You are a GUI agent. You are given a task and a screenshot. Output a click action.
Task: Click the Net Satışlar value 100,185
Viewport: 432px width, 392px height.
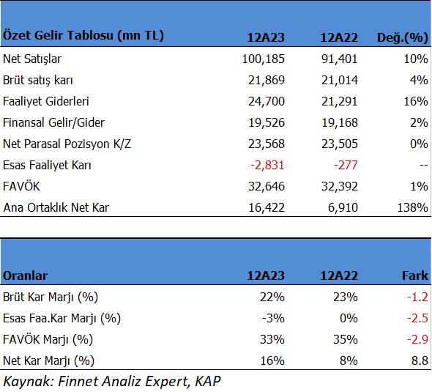tap(263, 59)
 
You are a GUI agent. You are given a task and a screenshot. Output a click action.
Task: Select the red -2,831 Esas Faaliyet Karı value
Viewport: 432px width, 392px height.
tap(267, 165)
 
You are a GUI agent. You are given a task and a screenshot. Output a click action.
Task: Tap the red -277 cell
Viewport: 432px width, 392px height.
tap(346, 165)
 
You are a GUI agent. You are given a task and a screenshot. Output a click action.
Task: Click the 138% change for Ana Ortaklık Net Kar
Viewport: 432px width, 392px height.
tap(412, 207)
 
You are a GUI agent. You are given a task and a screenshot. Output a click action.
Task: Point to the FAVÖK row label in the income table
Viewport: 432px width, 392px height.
tap(21, 186)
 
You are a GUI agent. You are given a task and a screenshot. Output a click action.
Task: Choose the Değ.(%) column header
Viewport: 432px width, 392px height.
tap(402, 37)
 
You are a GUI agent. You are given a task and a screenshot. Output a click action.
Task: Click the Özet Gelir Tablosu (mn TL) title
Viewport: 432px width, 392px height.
tap(83, 35)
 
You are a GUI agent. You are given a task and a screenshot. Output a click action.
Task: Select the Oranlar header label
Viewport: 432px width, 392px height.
tap(25, 275)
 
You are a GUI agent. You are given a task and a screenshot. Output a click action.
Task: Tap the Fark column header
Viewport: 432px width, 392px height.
tap(415, 275)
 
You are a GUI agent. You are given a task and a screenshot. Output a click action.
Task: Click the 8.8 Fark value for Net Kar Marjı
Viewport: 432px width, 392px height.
tap(420, 360)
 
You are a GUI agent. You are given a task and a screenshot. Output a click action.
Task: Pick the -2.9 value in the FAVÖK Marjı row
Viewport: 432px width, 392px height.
tap(417, 339)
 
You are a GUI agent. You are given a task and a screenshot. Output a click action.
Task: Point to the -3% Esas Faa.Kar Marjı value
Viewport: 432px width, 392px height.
tap(273, 318)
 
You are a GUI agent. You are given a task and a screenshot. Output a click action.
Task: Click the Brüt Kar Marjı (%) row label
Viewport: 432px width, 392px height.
tap(51, 297)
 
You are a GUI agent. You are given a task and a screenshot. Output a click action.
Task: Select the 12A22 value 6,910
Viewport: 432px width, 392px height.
tap(343, 207)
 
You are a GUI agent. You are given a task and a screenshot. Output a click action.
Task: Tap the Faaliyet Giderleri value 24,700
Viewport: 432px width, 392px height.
tap(266, 101)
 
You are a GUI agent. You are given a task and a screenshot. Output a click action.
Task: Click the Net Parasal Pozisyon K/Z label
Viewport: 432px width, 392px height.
tap(67, 144)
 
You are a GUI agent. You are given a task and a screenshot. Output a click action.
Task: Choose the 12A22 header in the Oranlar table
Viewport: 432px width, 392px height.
tap(339, 275)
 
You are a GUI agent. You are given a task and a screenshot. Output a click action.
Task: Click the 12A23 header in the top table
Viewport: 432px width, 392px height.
tap(266, 37)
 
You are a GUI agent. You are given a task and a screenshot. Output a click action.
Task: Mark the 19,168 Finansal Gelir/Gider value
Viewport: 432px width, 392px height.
tap(340, 122)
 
